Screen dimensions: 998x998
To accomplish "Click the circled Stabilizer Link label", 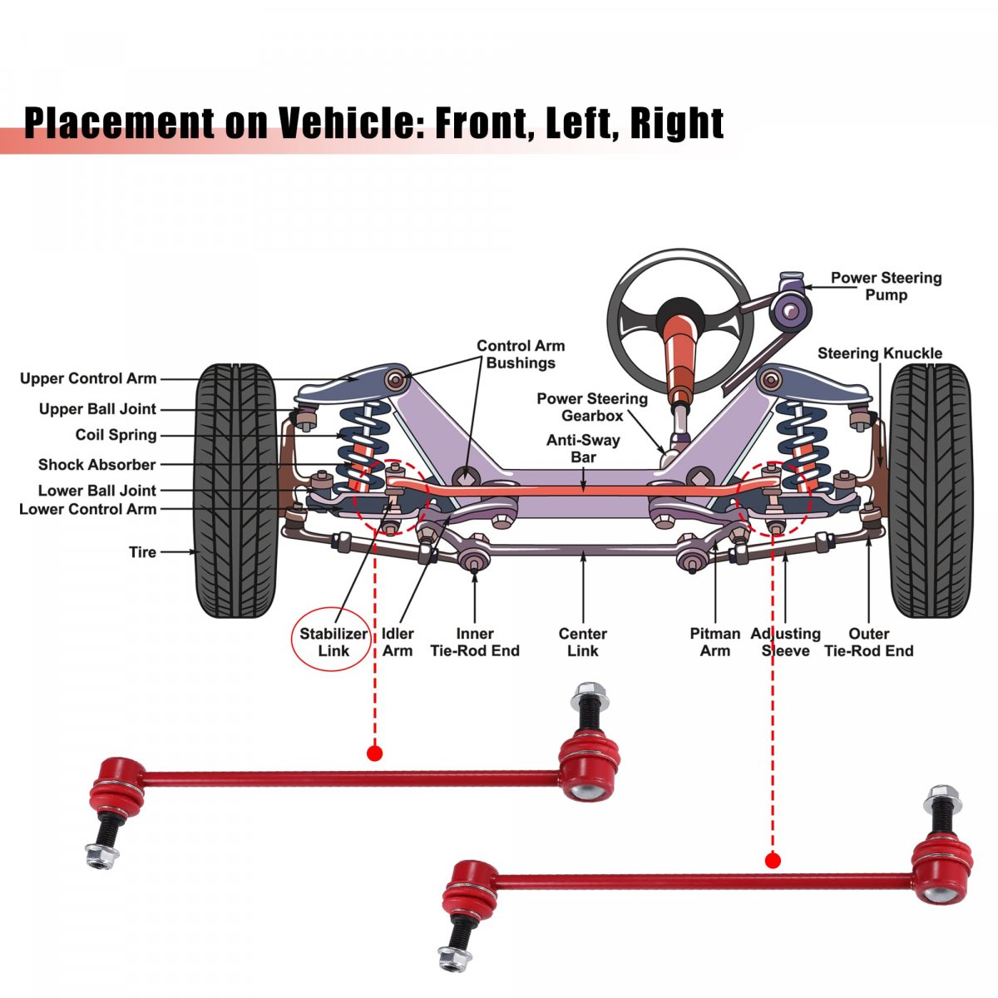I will coord(333,641).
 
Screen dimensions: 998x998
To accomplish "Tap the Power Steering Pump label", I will coord(886,286).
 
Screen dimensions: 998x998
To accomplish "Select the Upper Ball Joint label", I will coord(97,409).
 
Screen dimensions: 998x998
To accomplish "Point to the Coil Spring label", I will coord(116,435).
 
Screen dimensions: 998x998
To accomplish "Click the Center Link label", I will coord(582,642).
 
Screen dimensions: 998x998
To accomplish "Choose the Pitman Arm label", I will coord(714,642).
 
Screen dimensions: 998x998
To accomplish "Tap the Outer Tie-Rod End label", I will coord(868,642).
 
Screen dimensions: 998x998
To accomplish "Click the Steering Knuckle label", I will coord(879,353).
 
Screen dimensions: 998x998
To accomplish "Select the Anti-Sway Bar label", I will coord(583,448).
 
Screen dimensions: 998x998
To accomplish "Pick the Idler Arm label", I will coord(398,642).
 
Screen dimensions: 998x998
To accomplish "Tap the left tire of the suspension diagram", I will coord(236,491).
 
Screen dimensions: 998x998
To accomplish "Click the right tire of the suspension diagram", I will coord(931,491).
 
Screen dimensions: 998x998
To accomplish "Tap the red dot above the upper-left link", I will coord(374,753).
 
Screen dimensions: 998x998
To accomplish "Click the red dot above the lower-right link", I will coord(773,861).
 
